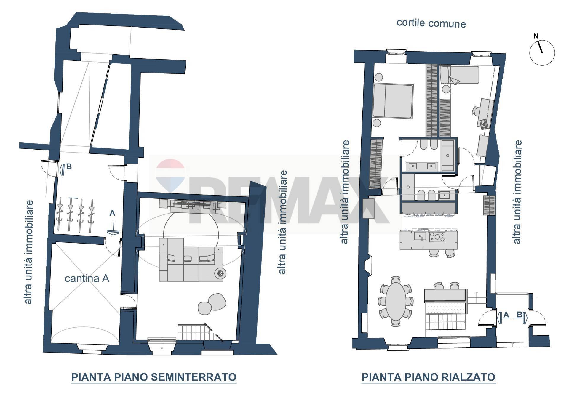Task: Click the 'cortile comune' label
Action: click(431, 23)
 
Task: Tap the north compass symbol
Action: click(542, 52)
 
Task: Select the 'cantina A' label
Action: click(87, 278)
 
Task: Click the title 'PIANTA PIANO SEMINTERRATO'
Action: click(154, 377)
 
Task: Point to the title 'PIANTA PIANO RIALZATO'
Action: click(428, 377)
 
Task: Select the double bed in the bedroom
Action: click(393, 101)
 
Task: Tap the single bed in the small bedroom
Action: click(459, 75)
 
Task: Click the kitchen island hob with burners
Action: click(437, 236)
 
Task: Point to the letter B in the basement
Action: click(69, 167)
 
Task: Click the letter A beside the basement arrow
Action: click(112, 213)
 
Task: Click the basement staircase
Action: click(196, 332)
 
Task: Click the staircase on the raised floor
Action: click(445, 321)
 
